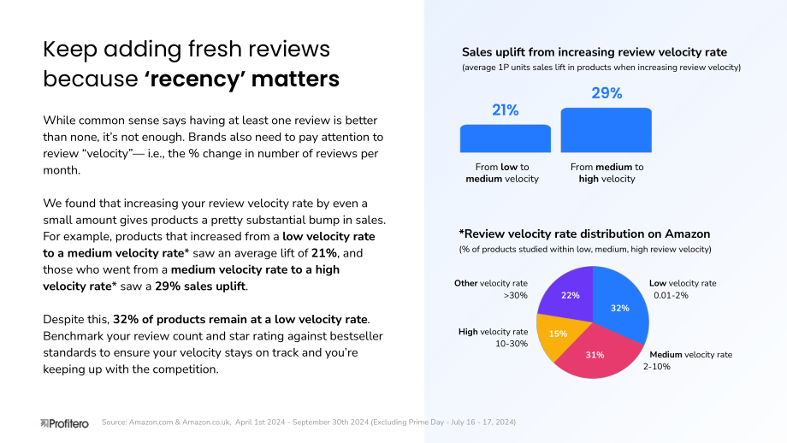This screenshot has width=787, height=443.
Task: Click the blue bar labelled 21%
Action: pos(505,139)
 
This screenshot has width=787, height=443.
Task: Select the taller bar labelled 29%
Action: pos(606,130)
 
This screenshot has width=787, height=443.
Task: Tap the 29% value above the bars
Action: pos(607,93)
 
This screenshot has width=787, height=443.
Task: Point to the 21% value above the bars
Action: pos(505,109)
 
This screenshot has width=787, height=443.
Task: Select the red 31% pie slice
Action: pos(597,353)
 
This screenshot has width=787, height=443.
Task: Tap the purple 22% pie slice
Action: pos(569,293)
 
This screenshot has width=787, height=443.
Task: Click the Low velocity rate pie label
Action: pos(683,289)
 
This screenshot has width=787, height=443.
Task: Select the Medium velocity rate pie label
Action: pos(688,360)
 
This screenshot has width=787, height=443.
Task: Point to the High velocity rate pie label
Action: pos(493,338)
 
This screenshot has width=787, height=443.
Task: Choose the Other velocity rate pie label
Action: pos(491,289)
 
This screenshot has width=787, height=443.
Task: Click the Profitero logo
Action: pos(64,423)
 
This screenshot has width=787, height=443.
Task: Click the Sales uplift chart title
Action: pos(595,52)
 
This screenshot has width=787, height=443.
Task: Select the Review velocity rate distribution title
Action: pos(584,233)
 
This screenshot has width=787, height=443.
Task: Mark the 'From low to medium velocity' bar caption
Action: pos(502,173)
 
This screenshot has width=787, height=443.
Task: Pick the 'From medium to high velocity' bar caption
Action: pos(607,173)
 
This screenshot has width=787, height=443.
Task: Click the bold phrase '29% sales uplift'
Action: pos(201,286)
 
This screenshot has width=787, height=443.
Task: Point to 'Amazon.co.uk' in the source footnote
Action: pos(206,422)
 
